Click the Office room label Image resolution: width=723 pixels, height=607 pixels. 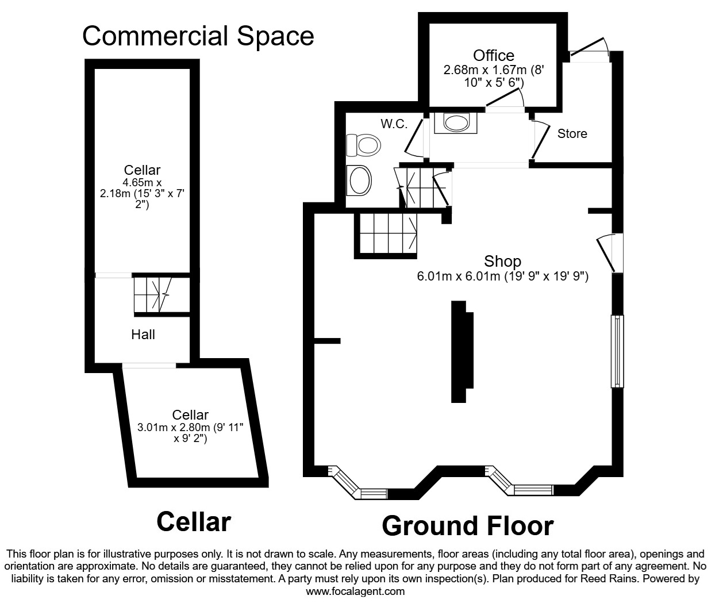point(494,55)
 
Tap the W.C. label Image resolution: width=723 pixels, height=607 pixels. point(394,124)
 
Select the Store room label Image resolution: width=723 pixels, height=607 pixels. point(572,134)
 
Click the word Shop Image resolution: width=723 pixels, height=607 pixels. point(502,262)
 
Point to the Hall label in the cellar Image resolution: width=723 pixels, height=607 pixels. point(143,335)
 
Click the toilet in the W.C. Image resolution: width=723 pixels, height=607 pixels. point(364,145)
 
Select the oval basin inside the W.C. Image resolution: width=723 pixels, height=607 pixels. point(359,180)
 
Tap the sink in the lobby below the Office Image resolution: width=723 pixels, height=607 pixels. point(456,123)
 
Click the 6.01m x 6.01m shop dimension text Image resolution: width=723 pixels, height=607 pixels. point(503,276)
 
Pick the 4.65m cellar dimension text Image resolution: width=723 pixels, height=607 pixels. point(142,193)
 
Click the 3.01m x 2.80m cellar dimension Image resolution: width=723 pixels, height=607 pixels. point(190,433)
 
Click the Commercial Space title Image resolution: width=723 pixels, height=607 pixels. point(198,36)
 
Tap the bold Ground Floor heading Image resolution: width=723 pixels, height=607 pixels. point(468,526)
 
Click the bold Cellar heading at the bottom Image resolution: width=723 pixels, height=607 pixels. point(194,522)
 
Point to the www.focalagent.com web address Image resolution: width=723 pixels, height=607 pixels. point(355,591)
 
